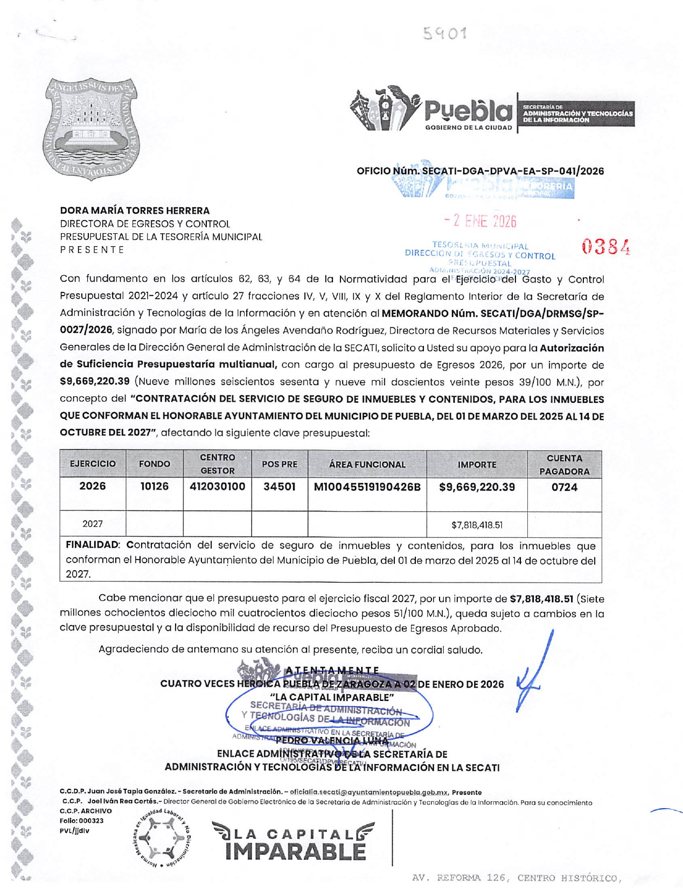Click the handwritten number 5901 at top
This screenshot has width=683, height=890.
pyautogui.click(x=444, y=33)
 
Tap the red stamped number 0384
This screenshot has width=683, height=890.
pyautogui.click(x=605, y=248)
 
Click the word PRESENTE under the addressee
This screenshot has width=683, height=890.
pyautogui.click(x=92, y=249)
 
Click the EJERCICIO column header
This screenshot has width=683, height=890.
pyautogui.click(x=93, y=464)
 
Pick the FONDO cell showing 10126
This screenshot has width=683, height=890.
pyautogui.click(x=155, y=486)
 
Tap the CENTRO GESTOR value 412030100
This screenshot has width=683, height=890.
pyautogui.click(x=217, y=486)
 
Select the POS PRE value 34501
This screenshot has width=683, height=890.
pyautogui.click(x=279, y=487)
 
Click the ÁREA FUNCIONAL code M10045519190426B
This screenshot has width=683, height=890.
pyautogui.click(x=367, y=487)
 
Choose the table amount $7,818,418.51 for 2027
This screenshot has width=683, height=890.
pyautogui.click(x=477, y=524)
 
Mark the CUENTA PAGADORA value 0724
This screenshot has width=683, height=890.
pyautogui.click(x=564, y=487)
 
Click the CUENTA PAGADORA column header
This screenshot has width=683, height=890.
pyautogui.click(x=564, y=465)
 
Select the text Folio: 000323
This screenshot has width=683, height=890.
pyautogui.click(x=82, y=821)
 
